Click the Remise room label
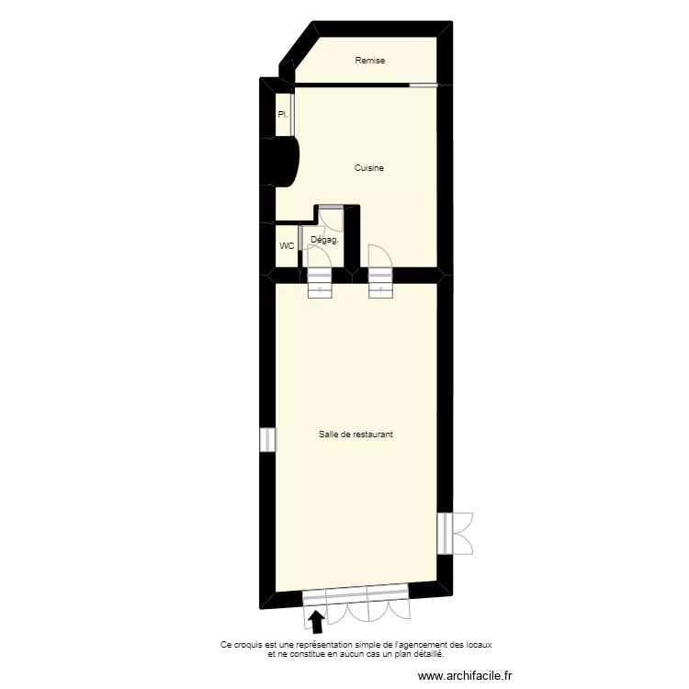[x=370, y=61]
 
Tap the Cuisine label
[x=369, y=168]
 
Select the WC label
[x=287, y=246]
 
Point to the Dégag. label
[x=325, y=240]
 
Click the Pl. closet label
[x=283, y=115]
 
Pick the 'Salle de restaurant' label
[x=356, y=435]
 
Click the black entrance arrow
[x=318, y=623]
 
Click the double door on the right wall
[x=456, y=533]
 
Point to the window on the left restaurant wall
[x=267, y=440]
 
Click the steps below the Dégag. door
[x=319, y=284]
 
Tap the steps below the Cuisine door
[x=380, y=284]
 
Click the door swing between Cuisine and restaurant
[x=378, y=254]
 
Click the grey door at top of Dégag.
[x=329, y=209]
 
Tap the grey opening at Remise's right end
[x=424, y=85]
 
